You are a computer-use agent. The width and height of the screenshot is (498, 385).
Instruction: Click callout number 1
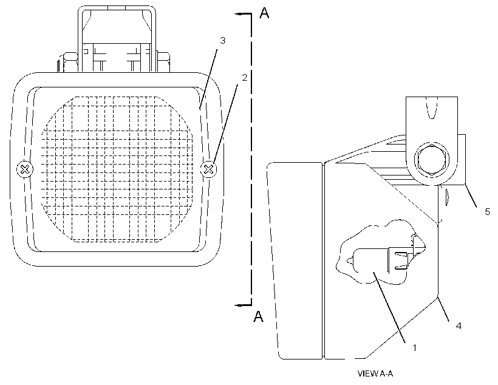coord(414,347)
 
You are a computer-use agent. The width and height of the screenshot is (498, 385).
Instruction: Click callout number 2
coord(244,77)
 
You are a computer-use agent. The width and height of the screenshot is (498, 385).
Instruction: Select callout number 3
coord(223,40)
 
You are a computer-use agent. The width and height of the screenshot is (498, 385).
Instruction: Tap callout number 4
coord(459,325)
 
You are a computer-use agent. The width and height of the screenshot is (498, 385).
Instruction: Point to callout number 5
coord(488,211)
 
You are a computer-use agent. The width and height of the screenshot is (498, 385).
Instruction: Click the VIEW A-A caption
coord(375,373)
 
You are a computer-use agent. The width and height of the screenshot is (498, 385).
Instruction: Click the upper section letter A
coord(264,13)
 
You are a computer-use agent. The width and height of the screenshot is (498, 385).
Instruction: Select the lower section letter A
coord(259,316)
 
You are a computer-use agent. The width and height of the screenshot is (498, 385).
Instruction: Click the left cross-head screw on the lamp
coord(25,169)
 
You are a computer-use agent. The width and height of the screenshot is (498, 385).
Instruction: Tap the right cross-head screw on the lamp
coord(209,169)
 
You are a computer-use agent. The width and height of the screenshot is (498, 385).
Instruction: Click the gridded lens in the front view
coord(117,169)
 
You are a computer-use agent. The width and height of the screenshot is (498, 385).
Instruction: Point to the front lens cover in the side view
coord(295,261)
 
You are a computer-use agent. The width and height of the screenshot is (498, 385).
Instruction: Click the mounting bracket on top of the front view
coord(117,39)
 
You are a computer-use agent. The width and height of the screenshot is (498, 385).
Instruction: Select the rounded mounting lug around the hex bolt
coord(432,141)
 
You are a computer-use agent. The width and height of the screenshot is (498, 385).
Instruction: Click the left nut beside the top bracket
coord(67,63)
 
